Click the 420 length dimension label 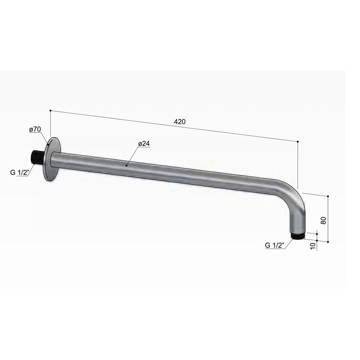(180, 122)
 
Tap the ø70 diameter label (35, 129)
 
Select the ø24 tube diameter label (144, 144)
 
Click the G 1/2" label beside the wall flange (19, 173)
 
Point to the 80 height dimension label (324, 220)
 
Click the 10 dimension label (312, 245)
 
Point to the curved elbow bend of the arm (294, 196)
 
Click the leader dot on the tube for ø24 (126, 164)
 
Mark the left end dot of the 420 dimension (50, 110)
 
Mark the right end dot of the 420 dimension (298, 141)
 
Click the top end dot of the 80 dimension (328, 196)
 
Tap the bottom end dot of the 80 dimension (328, 242)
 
